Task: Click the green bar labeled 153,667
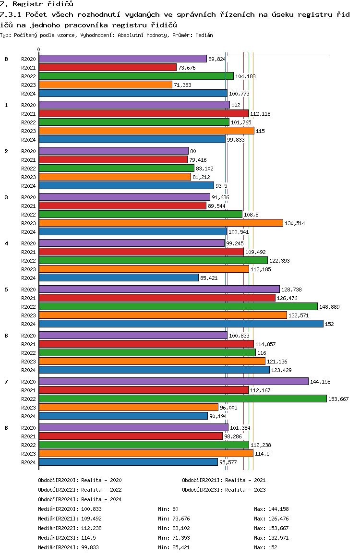tap(183, 399)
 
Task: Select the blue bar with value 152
tap(181, 324)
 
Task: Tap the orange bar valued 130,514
tap(161, 223)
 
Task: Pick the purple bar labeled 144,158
tap(174, 382)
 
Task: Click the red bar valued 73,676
tap(108, 67)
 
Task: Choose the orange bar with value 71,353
tap(106, 85)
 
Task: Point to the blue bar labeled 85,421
tap(119, 278)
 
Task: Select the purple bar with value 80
tap(114, 151)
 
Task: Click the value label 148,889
tap(329, 307)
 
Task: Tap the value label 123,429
tap(281, 370)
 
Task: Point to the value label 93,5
tap(221, 186)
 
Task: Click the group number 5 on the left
tap(6, 290)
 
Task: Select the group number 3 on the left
tap(6, 197)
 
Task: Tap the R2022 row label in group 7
tap(28, 399)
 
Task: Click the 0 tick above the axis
tap(38, 49)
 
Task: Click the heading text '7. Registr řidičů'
tap(37, 4)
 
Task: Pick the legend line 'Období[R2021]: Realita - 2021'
tap(224, 480)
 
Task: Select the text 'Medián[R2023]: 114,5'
tap(67, 538)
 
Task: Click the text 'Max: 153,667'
tap(271, 528)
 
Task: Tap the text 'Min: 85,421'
tap(174, 547)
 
